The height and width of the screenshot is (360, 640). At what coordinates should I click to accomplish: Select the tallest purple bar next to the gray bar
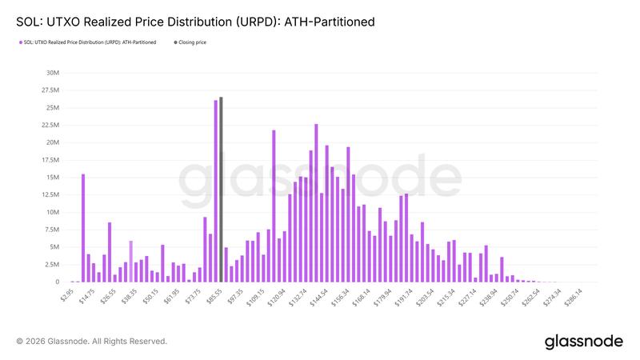tap(215, 191)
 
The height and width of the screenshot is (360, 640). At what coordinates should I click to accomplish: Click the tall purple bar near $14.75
tap(83, 228)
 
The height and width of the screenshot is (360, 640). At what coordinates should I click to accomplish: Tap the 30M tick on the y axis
tap(52, 72)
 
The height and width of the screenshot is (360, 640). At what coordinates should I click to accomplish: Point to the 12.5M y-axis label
tap(50, 194)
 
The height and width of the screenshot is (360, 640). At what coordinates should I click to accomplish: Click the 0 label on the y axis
tap(57, 282)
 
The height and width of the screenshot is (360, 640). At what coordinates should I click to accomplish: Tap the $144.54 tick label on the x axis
tap(318, 298)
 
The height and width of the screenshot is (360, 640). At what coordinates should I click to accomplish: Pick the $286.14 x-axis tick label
tap(571, 298)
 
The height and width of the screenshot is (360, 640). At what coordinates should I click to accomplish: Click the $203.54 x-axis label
tap(423, 298)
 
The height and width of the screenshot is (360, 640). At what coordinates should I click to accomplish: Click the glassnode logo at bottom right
tap(583, 342)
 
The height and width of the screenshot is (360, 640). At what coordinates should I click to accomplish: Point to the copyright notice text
tap(91, 342)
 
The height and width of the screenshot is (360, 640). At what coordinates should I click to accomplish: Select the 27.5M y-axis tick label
tap(50, 90)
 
